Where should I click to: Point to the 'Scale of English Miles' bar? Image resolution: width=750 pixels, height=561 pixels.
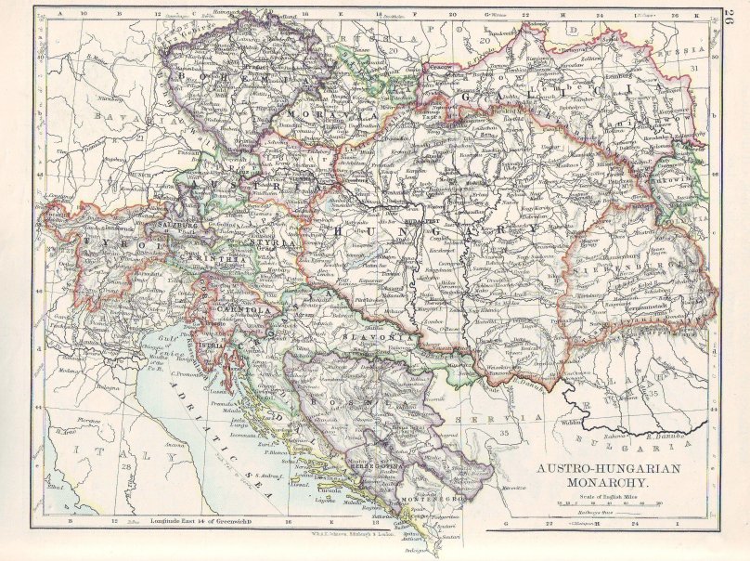pyautogui.click(x=603, y=505)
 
